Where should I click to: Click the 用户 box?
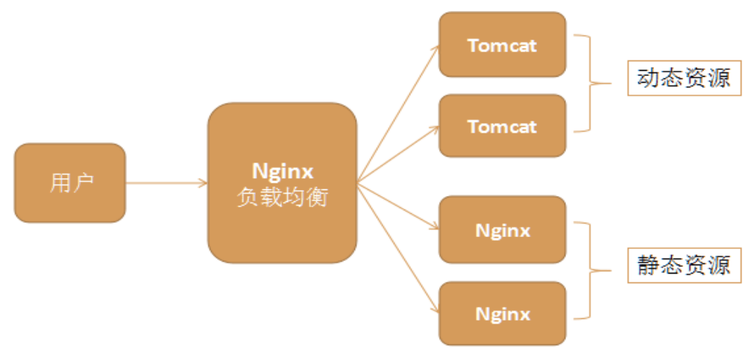point(70,183)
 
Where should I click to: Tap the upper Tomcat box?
point(502,45)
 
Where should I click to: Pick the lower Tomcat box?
point(502,126)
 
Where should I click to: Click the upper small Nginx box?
point(502,230)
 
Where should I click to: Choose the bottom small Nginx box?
point(502,313)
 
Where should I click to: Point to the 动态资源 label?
point(684,78)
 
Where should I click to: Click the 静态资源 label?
point(684,265)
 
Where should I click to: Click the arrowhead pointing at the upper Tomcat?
point(436,49)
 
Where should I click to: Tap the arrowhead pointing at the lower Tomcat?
point(436,130)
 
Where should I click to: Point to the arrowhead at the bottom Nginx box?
point(436,309)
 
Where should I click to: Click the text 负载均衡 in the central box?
point(282,198)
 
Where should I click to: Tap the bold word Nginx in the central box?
point(282,171)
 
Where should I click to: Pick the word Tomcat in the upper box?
point(502,45)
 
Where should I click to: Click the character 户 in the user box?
point(83,183)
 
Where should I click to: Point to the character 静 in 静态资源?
point(649,265)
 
